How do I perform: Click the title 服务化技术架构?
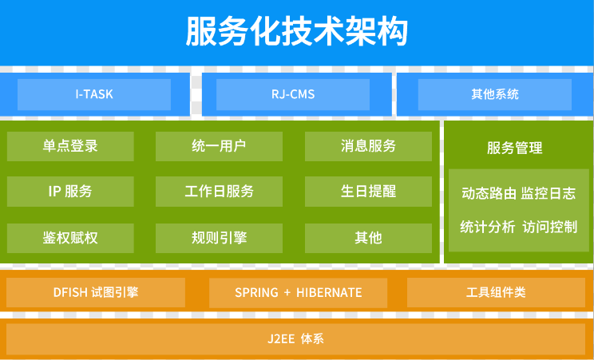(297, 31)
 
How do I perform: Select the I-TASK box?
(94, 94)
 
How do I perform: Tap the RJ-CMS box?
(293, 94)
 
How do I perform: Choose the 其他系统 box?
(495, 94)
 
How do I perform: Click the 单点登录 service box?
(70, 146)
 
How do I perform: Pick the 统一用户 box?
(219, 146)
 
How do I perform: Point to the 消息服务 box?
(368, 146)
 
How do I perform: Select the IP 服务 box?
(70, 192)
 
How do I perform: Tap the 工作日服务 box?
(219, 192)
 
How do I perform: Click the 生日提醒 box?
(368, 192)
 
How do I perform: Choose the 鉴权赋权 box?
(70, 238)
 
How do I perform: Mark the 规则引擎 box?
(219, 238)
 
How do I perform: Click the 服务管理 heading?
(514, 148)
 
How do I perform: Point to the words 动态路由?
(489, 193)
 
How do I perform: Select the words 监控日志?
(548, 193)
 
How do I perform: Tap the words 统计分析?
(488, 227)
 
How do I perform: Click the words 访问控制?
(549, 227)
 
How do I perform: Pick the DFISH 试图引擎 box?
(96, 292)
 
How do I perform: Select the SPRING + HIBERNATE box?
(298, 292)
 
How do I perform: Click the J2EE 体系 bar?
(296, 338)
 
